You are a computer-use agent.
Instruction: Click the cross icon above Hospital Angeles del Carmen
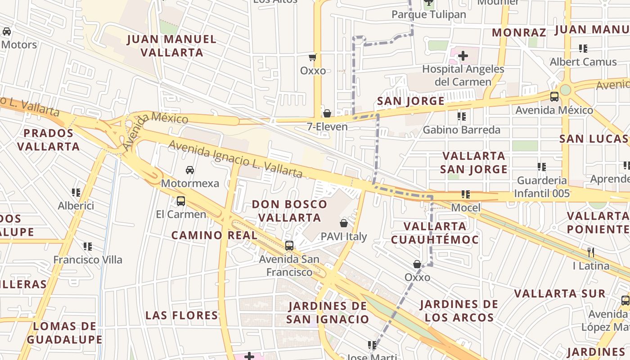pyautogui.click(x=463, y=56)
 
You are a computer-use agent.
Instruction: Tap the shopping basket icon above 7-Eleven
pyautogui.click(x=327, y=113)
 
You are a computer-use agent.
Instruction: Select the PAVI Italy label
pyautogui.click(x=344, y=237)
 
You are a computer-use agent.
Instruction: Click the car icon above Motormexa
pyautogui.click(x=190, y=170)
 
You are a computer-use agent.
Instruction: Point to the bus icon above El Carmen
pyautogui.click(x=181, y=201)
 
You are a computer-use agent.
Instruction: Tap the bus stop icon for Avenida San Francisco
pyautogui.click(x=289, y=246)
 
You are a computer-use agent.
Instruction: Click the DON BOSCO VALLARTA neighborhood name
pyautogui.click(x=289, y=211)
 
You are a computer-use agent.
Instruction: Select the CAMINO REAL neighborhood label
pyautogui.click(x=214, y=235)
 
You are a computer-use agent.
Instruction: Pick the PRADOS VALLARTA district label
pyautogui.click(x=49, y=139)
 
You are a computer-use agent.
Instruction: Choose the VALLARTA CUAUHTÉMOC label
pyautogui.click(x=435, y=233)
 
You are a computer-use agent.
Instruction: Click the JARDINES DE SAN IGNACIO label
pyautogui.click(x=328, y=312)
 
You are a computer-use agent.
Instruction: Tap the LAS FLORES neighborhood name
pyautogui.click(x=182, y=315)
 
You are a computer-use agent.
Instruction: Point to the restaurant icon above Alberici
pyautogui.click(x=76, y=193)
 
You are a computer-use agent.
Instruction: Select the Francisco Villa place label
pyautogui.click(x=88, y=260)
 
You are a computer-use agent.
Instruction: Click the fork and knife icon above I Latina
pyautogui.click(x=591, y=252)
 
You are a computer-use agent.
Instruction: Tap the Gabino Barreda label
pyautogui.click(x=461, y=130)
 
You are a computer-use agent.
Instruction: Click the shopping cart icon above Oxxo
pyautogui.click(x=313, y=57)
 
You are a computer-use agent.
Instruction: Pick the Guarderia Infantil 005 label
pyautogui.click(x=542, y=187)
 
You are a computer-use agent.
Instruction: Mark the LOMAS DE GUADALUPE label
pyautogui.click(x=64, y=333)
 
